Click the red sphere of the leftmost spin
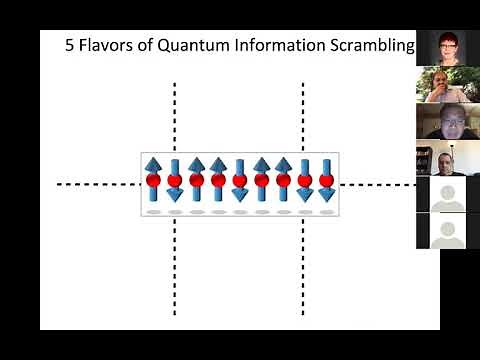point(153,181)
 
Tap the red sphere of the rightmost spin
point(326,181)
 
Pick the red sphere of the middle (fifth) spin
point(240,181)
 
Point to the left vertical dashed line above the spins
point(176,115)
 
